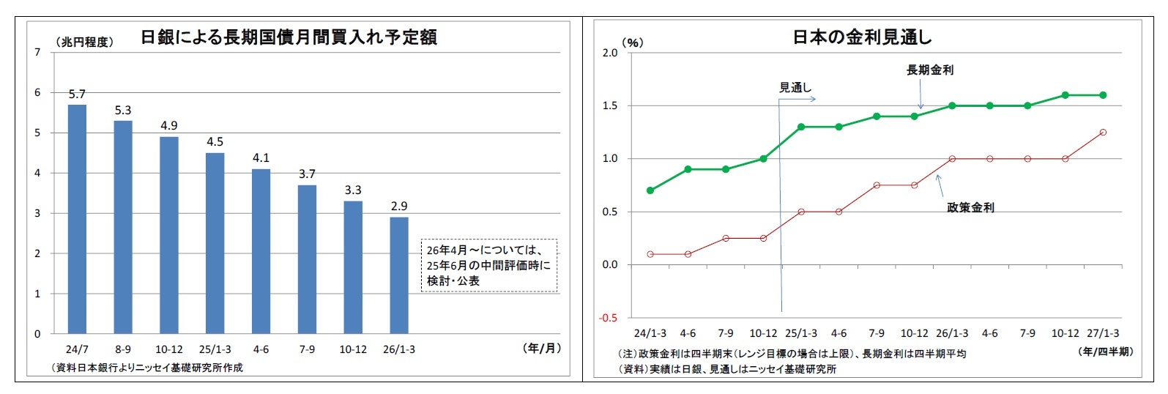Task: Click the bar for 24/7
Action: point(77,220)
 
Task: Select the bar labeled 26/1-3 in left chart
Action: point(399,275)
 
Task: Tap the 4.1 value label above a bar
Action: point(261,157)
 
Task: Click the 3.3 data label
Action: point(353,190)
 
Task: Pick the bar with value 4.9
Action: point(169,235)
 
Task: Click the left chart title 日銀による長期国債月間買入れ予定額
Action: point(289,37)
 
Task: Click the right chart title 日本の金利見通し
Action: point(862,37)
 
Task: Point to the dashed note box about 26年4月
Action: point(488,265)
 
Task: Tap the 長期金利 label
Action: point(929,70)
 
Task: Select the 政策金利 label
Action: point(970,207)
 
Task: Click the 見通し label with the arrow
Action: point(795,87)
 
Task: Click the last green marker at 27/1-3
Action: point(1103,95)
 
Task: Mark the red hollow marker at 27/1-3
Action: point(1103,133)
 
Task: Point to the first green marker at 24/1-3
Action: point(650,190)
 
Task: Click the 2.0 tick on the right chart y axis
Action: point(609,53)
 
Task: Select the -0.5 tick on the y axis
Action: point(608,318)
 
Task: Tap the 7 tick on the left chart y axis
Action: point(37,52)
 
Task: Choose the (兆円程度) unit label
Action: point(84,42)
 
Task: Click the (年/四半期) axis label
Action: point(1106,352)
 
